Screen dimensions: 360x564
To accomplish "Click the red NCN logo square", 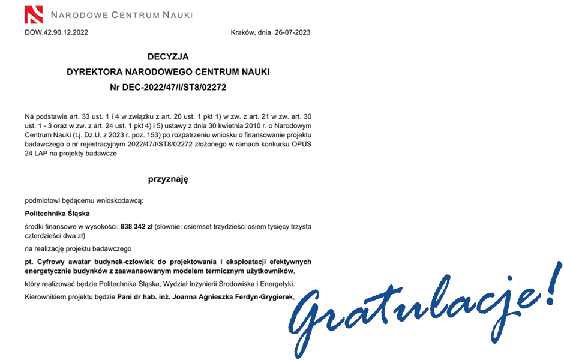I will click(34, 14).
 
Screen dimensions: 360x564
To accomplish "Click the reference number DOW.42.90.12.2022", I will click(56, 32).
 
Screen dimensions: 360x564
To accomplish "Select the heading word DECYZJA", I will click(168, 57).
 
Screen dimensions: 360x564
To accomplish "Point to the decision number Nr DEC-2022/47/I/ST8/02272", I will click(168, 87).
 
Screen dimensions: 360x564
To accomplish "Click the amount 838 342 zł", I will click(136, 227).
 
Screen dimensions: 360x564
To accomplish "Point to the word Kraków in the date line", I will click(243, 32).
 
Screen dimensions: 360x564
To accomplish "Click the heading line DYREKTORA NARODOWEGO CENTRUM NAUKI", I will click(168, 72).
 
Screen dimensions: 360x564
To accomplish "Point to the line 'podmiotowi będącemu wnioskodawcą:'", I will click(84, 200).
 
